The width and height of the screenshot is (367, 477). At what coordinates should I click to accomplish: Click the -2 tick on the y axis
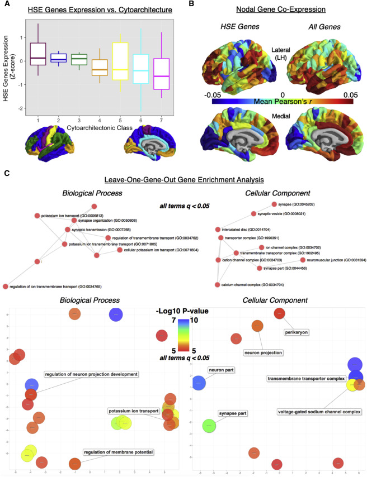[x=21, y=108]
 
